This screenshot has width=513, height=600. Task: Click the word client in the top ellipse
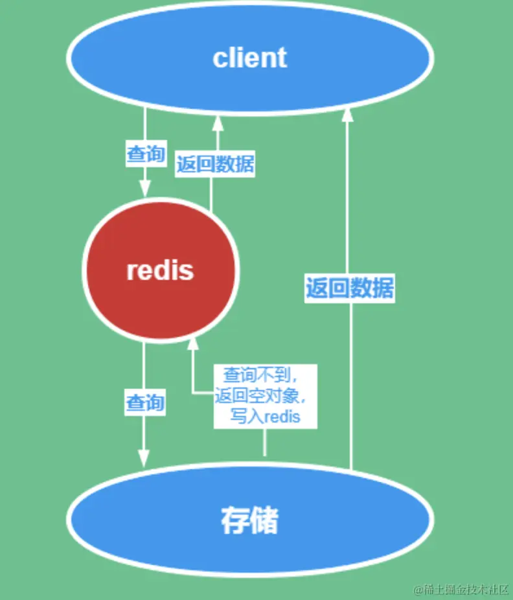click(249, 58)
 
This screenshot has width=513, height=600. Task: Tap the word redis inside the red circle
click(160, 270)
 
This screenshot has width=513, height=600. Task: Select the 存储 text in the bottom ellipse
click(249, 520)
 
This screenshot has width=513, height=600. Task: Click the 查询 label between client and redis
click(145, 154)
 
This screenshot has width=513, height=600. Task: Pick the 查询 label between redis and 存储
click(145, 403)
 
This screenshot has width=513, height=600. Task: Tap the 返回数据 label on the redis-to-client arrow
click(215, 165)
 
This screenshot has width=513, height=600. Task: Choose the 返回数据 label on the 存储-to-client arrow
click(349, 288)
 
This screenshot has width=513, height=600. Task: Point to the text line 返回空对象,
click(265, 395)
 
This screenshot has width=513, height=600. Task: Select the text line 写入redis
click(266, 416)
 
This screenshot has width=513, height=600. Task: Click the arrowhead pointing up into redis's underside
click(191, 346)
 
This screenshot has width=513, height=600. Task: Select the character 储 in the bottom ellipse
click(264, 520)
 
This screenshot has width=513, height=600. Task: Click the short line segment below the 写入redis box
click(265, 443)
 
